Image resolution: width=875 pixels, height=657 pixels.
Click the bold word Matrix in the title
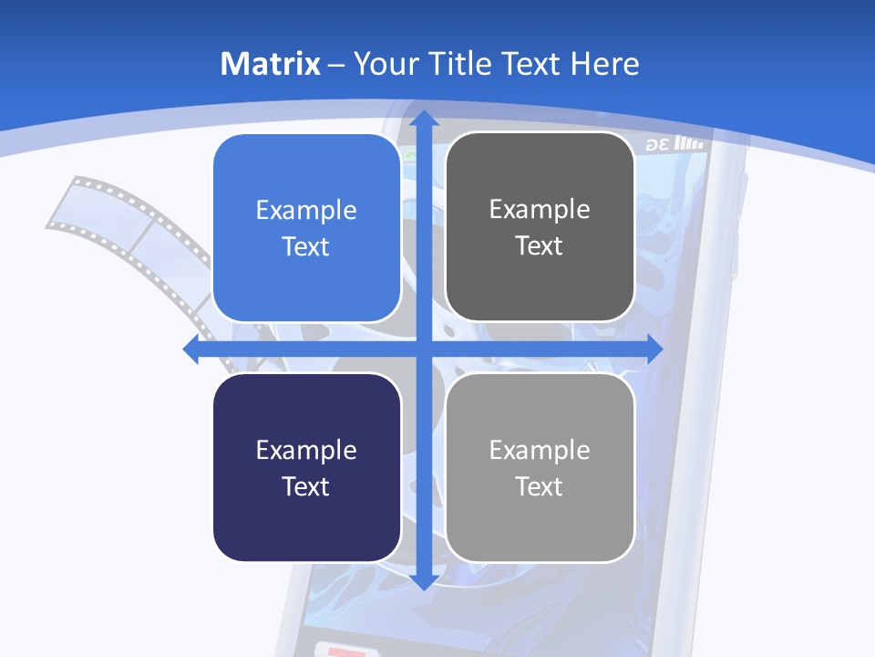[x=271, y=64]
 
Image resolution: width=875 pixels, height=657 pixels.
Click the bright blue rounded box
[x=306, y=228]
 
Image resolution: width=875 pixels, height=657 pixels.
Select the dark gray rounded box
[x=540, y=227]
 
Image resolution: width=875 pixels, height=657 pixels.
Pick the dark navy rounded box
[x=306, y=467]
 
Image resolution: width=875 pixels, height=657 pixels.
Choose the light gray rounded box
[x=540, y=467]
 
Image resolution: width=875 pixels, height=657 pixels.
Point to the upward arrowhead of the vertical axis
[x=423, y=119]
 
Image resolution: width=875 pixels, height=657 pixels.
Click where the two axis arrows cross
[x=423, y=349]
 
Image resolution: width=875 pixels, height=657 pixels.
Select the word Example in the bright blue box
[x=306, y=211]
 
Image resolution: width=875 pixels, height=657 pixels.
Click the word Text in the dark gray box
[x=540, y=246]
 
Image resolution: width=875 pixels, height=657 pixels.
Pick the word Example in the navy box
[x=306, y=450]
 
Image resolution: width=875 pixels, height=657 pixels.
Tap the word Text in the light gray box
[x=540, y=486]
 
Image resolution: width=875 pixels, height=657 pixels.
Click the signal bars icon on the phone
[x=692, y=144]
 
